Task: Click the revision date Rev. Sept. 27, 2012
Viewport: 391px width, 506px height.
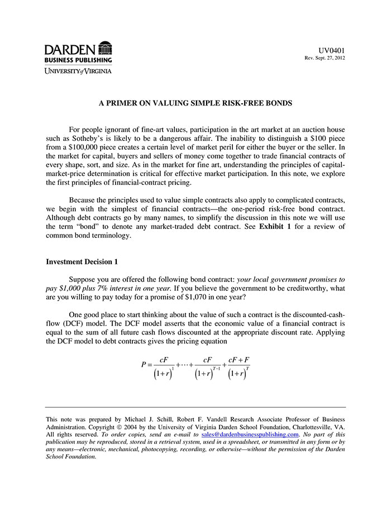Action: coord(325,58)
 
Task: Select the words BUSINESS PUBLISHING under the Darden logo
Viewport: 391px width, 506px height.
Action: coord(78,60)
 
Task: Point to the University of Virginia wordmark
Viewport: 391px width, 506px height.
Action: coord(78,71)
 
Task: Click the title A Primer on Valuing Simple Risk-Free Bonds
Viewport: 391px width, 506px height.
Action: coord(195,103)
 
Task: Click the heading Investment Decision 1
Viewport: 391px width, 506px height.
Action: coord(82,261)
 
